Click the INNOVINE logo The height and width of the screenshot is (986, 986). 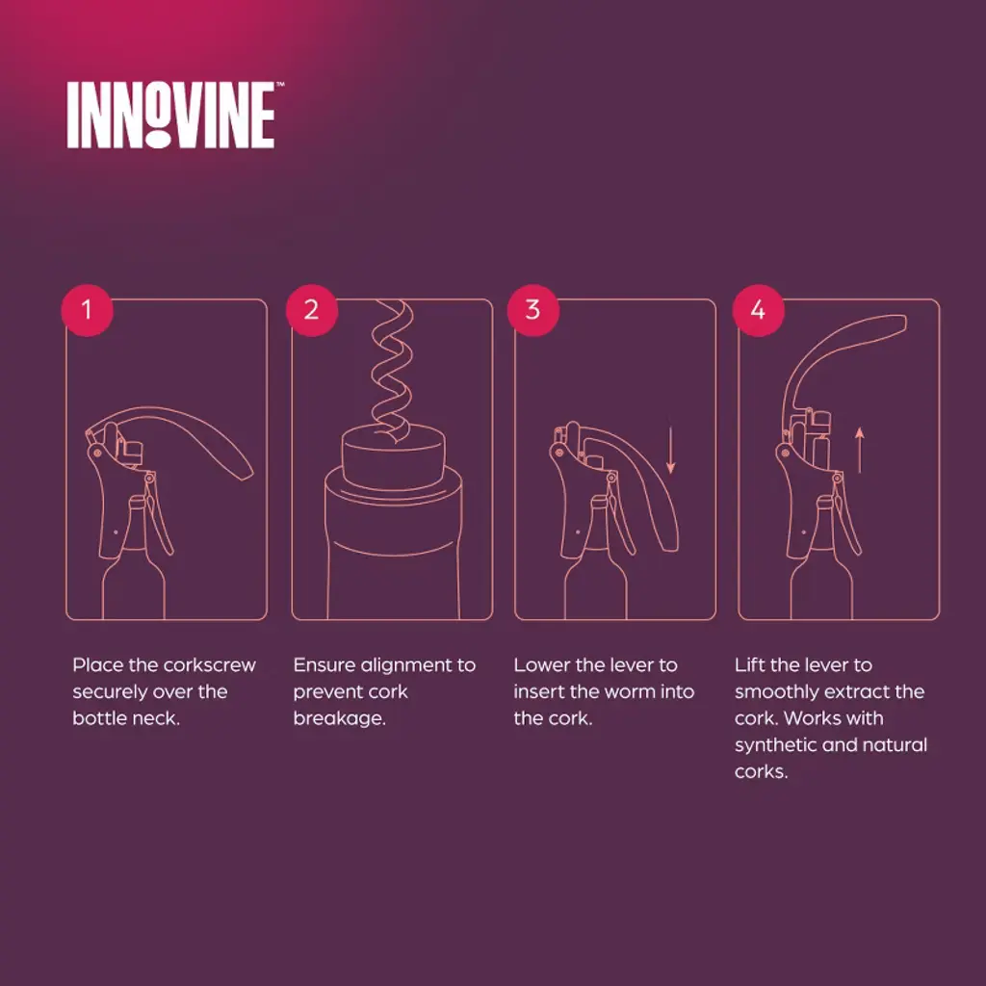click(171, 116)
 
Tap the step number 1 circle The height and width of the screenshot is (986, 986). click(87, 310)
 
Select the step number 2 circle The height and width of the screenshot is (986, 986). click(312, 310)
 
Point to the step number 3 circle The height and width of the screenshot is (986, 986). click(533, 310)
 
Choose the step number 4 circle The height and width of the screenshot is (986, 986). click(759, 310)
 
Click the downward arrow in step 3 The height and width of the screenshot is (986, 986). click(671, 450)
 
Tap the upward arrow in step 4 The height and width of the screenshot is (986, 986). click(860, 450)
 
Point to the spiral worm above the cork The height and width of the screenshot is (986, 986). click(391, 371)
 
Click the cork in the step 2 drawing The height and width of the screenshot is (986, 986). click(394, 457)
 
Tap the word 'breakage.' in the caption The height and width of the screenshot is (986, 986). click(340, 718)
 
